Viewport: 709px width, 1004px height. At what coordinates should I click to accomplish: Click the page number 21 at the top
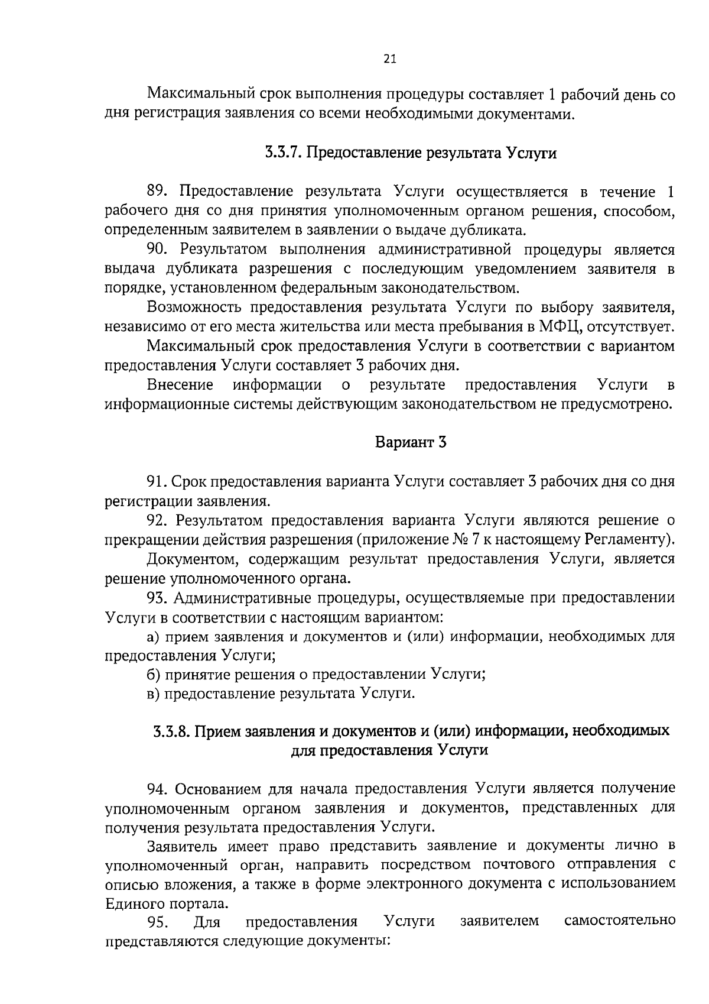click(390, 59)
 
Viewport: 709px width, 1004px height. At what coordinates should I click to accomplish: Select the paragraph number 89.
click(158, 192)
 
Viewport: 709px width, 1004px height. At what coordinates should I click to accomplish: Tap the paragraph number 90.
click(158, 250)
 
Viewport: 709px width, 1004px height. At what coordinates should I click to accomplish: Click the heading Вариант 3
click(411, 442)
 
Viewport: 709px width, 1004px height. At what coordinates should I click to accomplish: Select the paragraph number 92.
click(158, 520)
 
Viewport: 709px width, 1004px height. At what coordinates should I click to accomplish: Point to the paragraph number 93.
click(158, 598)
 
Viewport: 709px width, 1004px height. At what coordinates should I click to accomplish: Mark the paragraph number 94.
click(158, 789)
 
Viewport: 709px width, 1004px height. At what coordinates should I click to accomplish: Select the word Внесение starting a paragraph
click(180, 386)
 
